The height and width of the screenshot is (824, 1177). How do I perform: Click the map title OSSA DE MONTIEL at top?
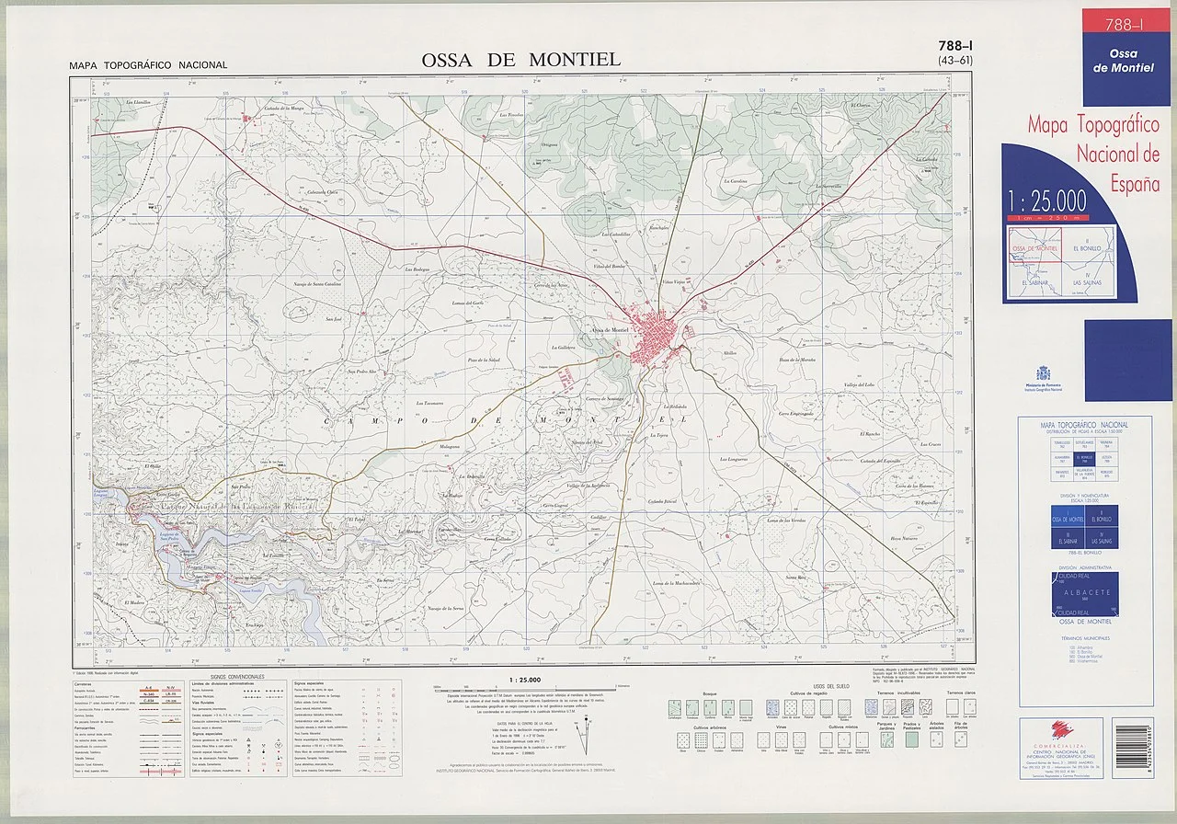[x=520, y=60]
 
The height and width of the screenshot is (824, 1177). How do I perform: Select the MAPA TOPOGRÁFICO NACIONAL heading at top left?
[x=147, y=65]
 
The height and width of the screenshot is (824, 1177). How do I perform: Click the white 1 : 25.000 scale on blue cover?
[x=1046, y=200]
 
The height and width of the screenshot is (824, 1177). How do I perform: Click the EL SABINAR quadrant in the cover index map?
[x=1035, y=282]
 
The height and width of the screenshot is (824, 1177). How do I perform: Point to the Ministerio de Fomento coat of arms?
[x=1043, y=373]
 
